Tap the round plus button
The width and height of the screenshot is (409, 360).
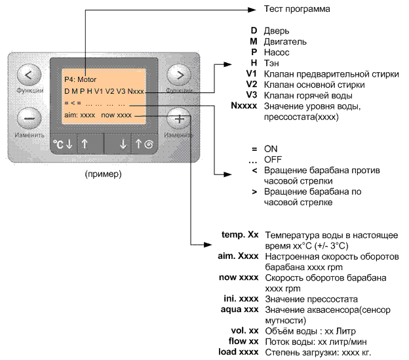(x=178, y=119)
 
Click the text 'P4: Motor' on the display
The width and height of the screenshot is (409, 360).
(x=81, y=79)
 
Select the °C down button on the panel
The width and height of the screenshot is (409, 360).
(x=63, y=144)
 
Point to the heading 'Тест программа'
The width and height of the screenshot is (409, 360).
(x=297, y=9)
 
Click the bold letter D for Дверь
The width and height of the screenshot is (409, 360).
(x=254, y=31)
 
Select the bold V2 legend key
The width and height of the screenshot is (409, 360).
(x=250, y=85)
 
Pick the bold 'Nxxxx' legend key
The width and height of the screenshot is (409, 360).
(x=245, y=106)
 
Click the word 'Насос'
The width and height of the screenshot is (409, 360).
(x=275, y=52)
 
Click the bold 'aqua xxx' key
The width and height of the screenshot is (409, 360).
(x=241, y=309)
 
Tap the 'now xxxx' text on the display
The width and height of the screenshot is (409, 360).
(x=117, y=115)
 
